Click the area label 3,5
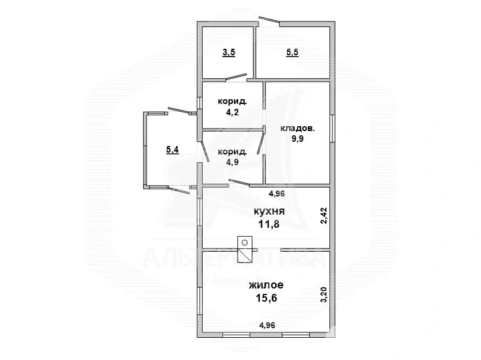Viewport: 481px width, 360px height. point(228,53)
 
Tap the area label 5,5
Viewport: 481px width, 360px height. point(292,53)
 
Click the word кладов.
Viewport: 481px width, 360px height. point(298,128)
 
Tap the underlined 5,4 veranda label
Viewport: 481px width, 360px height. point(173,150)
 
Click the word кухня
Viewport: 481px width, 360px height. point(269,212)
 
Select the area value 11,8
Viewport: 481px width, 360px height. point(269,225)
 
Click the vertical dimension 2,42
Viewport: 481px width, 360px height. point(323,215)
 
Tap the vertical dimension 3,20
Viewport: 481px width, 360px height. point(323,296)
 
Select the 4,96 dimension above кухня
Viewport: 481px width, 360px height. point(277,194)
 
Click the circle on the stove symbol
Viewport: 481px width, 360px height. point(245,242)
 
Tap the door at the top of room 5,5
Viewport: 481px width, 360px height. point(269,20)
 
